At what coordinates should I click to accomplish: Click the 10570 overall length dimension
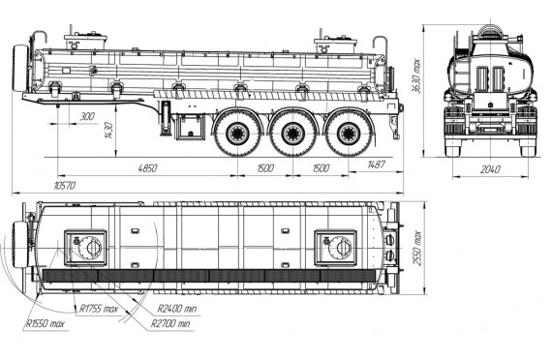pos(65,186)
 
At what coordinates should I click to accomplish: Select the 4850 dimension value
pos(147,168)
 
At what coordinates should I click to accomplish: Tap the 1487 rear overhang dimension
pos(376,165)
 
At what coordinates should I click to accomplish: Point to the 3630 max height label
pos(416,76)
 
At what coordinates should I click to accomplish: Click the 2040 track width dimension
pos(490,169)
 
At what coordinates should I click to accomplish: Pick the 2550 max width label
pos(416,249)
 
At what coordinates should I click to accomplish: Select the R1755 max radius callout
pos(98,309)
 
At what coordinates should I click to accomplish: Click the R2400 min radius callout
pos(176,309)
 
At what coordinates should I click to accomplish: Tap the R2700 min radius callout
pos(170,324)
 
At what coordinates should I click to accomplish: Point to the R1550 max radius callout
pos(46,324)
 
